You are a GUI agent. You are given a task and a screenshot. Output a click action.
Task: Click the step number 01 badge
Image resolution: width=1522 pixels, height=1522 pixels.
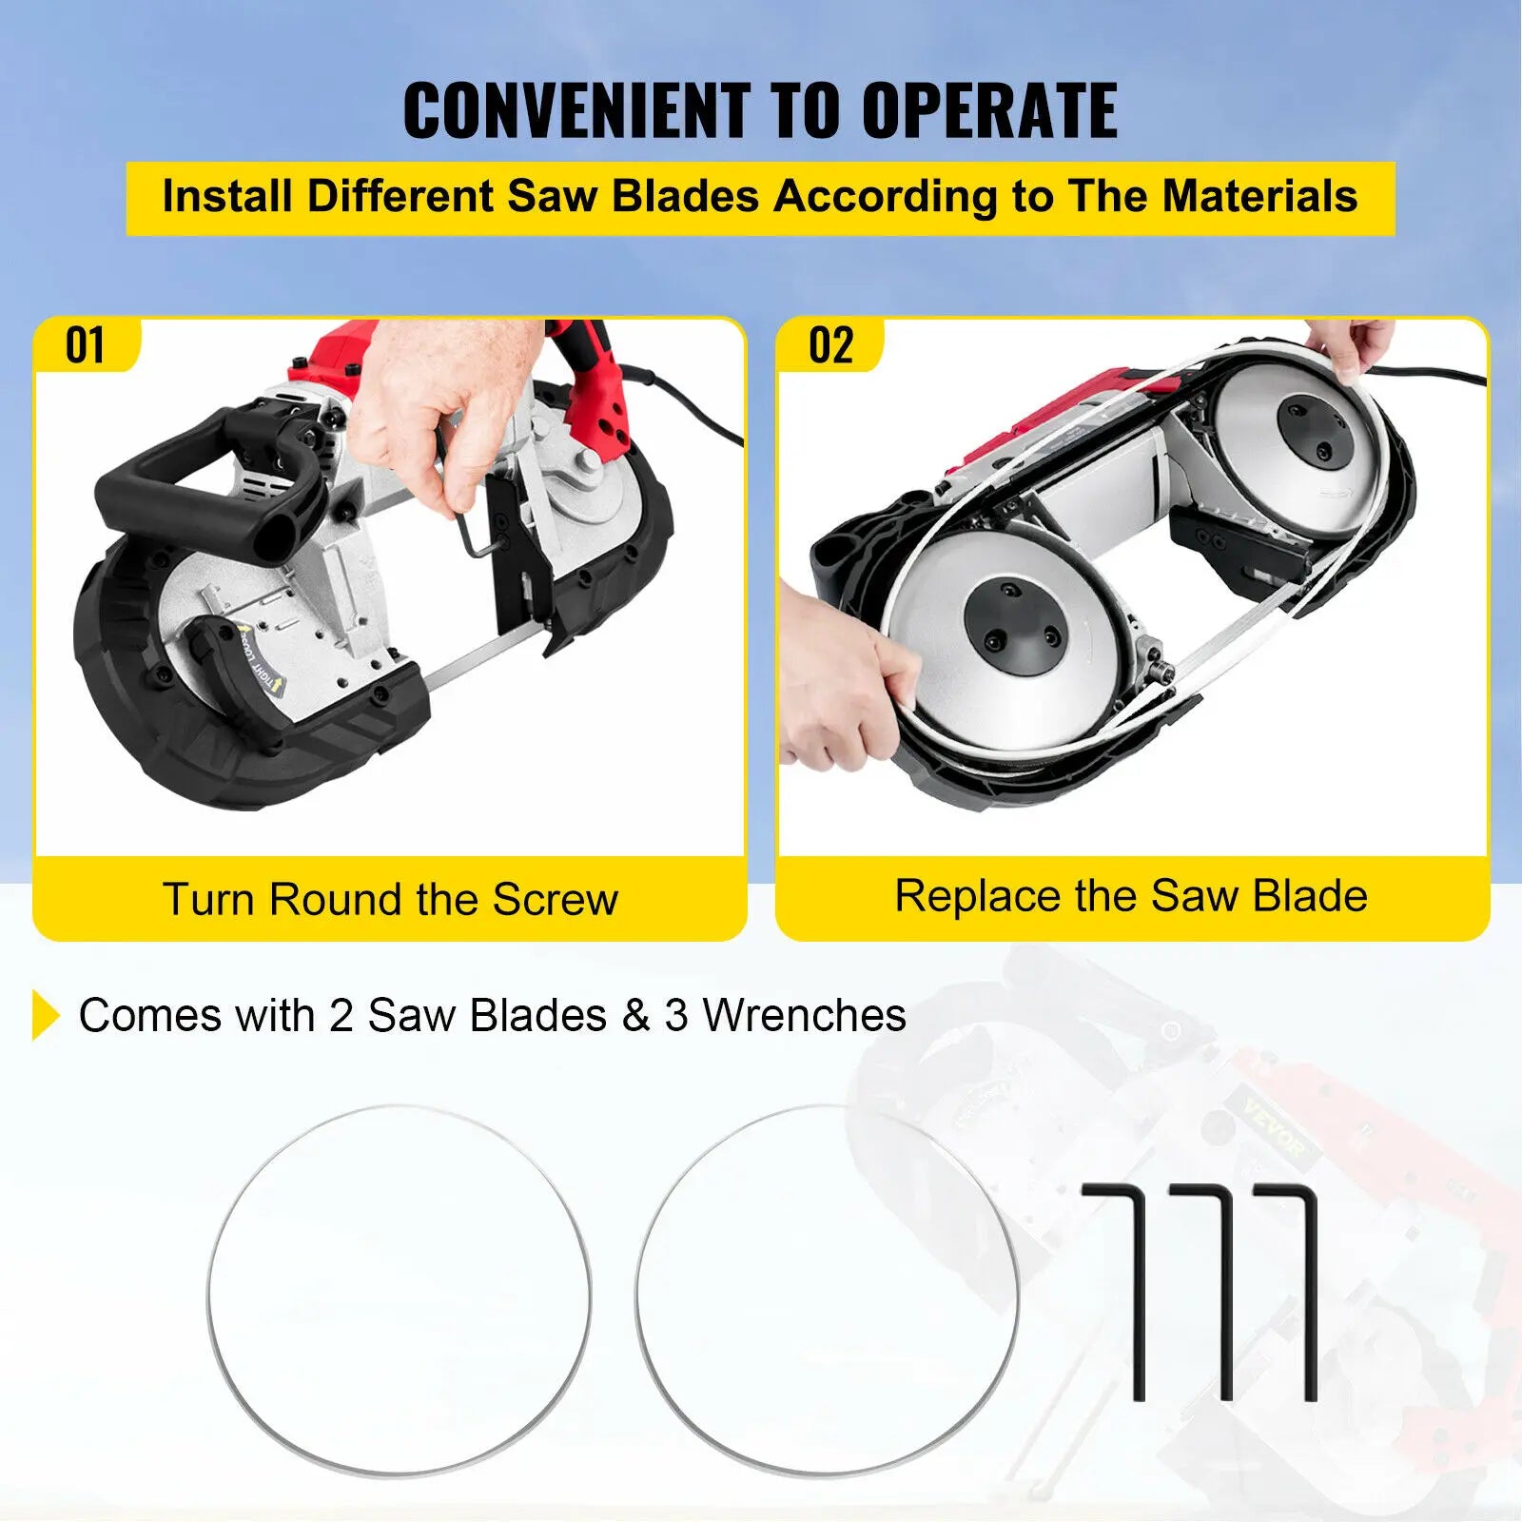pyautogui.click(x=85, y=344)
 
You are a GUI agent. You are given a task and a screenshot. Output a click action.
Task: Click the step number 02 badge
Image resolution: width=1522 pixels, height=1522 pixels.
pyautogui.click(x=830, y=344)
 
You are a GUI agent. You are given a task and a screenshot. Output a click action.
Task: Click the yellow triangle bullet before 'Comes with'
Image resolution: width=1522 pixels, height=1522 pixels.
pyautogui.click(x=45, y=1015)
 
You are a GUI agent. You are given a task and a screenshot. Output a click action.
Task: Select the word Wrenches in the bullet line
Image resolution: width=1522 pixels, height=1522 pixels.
pyautogui.click(x=804, y=1015)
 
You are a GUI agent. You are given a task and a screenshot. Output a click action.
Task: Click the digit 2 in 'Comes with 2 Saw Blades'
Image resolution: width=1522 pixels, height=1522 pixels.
pyautogui.click(x=341, y=1015)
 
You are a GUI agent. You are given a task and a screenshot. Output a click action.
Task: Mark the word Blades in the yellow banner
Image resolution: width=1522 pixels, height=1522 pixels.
pyautogui.click(x=685, y=197)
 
